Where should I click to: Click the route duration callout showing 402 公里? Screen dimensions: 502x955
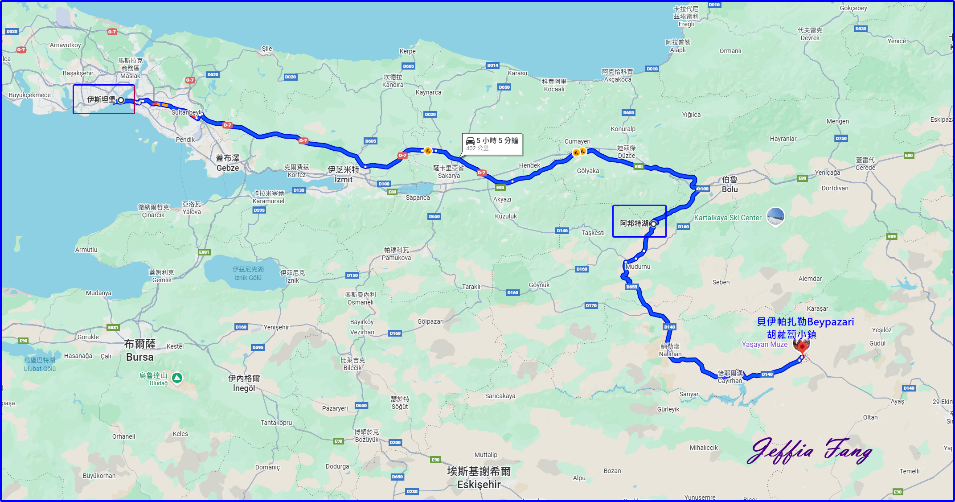[492, 144]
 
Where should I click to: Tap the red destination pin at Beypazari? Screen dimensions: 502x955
[802, 346]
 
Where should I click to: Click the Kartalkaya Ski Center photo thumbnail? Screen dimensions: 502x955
[775, 217]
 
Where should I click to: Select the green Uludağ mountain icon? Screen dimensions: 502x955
[177, 378]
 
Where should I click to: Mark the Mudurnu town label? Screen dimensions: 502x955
[638, 267]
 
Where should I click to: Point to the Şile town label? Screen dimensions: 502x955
[266, 49]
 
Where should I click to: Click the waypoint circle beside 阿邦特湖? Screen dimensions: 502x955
[653, 224]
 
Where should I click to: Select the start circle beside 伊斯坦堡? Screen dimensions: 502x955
[121, 100]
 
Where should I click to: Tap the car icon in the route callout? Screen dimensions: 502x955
[470, 141]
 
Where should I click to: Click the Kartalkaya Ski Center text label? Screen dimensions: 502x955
[728, 218]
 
